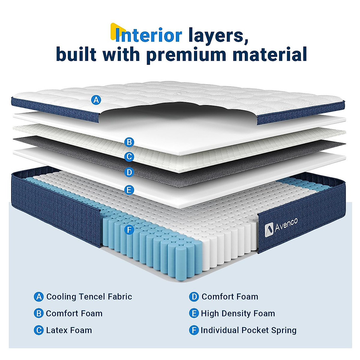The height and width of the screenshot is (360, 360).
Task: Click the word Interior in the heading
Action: [148, 35]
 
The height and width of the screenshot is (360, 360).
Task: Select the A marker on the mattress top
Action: [96, 100]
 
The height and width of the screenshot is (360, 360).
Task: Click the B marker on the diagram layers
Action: [129, 142]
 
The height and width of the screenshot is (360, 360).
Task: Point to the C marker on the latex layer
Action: [129, 157]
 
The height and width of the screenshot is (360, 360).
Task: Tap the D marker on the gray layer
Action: [129, 172]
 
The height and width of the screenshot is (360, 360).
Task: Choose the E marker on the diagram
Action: [129, 190]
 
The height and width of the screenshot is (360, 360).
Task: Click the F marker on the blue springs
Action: [129, 230]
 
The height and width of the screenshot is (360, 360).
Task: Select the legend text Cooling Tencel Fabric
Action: [89, 297]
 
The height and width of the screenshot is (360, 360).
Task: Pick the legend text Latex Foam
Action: [69, 330]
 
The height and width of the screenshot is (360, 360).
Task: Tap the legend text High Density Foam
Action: [238, 313]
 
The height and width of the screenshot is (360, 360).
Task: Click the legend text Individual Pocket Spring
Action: [248, 330]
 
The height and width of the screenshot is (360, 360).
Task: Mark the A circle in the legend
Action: [39, 297]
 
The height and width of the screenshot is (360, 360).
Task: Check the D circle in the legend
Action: [194, 297]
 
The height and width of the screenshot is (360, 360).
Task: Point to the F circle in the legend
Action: [194, 330]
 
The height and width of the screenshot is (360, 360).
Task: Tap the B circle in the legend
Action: [39, 313]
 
